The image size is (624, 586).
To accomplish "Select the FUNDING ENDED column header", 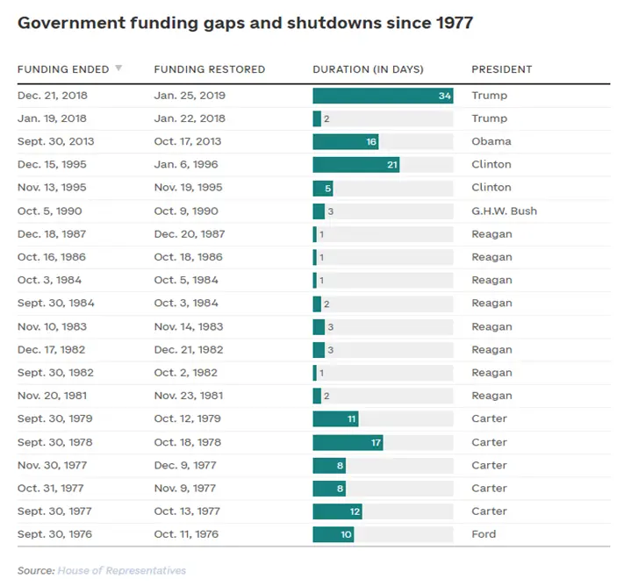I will tap(63, 69).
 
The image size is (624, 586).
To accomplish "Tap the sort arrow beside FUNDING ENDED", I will tap(118, 68).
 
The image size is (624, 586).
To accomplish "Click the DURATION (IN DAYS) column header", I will tap(368, 69).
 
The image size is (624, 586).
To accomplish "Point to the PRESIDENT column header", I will tap(502, 69).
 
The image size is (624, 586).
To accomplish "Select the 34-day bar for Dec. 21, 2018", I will tap(383, 96).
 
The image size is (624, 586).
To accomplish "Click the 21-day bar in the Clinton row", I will tap(356, 164).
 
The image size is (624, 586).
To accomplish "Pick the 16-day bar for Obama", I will tap(346, 141).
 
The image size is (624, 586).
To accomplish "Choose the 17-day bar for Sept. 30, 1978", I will tap(348, 442).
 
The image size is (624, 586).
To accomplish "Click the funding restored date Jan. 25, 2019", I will tap(190, 96).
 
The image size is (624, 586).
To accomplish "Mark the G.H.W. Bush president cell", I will tap(504, 211).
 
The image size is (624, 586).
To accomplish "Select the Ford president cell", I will tap(484, 534).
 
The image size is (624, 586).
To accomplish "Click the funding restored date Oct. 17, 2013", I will tap(187, 141).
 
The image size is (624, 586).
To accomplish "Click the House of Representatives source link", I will tap(122, 571).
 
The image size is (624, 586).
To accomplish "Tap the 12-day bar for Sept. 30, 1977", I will tap(337, 511).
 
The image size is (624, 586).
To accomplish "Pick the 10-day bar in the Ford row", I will tap(334, 534).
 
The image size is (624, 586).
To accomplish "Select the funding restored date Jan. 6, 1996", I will tap(186, 164).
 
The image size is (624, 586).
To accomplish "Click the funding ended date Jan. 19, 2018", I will tap(52, 118).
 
